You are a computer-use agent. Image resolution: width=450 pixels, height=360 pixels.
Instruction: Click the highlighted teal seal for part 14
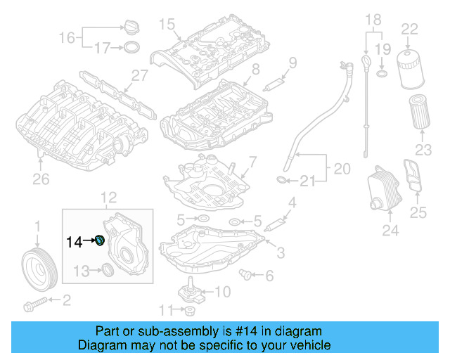point(100,242)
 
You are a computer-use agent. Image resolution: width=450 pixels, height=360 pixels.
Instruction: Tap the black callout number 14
point(73,243)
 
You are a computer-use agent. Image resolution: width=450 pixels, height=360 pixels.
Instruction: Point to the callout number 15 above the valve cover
point(165,25)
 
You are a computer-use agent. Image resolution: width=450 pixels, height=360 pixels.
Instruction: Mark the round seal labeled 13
point(108,270)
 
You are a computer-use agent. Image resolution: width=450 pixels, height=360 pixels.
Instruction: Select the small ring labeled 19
point(380,73)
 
